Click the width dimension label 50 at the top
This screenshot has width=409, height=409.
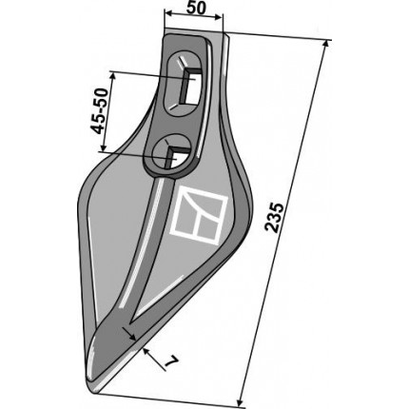tap(196, 9)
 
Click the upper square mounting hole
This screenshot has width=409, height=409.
tap(192, 86)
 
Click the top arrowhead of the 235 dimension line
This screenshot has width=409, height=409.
tap(325, 44)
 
